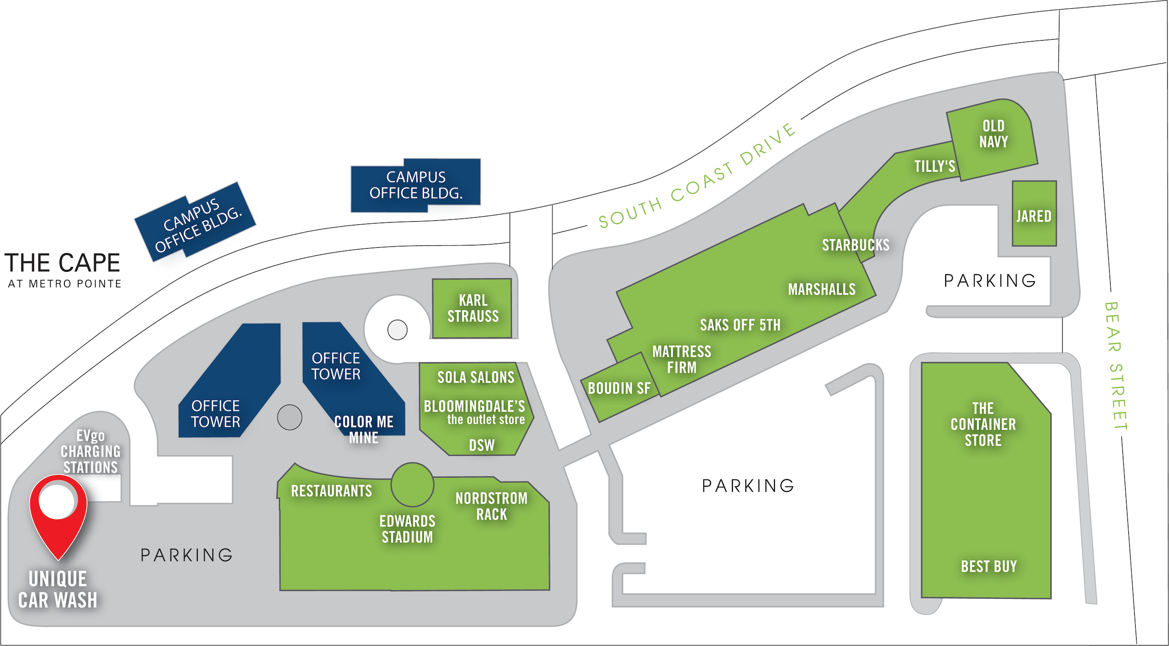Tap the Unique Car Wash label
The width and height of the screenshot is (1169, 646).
[x=58, y=589]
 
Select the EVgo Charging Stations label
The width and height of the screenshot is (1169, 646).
[x=90, y=452]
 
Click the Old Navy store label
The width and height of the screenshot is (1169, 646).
[x=994, y=134]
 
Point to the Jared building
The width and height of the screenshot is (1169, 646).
[x=1034, y=214]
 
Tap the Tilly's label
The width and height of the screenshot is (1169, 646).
[x=934, y=167]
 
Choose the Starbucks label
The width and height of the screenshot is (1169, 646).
[x=856, y=245]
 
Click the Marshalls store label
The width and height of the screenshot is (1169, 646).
[x=821, y=289]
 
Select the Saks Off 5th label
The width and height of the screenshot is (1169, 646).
[x=740, y=325]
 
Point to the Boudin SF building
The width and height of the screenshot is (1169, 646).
[x=619, y=388]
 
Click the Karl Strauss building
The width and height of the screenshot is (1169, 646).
[x=473, y=308]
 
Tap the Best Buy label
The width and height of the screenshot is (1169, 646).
[x=989, y=567]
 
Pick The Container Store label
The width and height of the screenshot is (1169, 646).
[x=983, y=424]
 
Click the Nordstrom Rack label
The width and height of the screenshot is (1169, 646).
[x=491, y=506]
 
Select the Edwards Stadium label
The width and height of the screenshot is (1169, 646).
[x=407, y=529]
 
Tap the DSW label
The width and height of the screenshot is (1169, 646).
[x=481, y=445]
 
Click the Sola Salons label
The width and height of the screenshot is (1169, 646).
[x=476, y=377]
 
